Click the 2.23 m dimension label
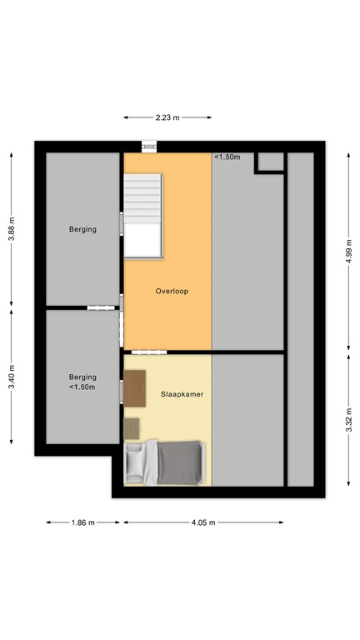[x=167, y=117]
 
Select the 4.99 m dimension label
[x=347, y=247]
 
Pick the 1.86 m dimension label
[x=82, y=522]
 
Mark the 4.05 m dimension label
[x=203, y=522]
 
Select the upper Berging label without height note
[x=82, y=229]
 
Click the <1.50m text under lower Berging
[x=82, y=387]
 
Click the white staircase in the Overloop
[x=142, y=215]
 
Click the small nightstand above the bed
[x=132, y=428]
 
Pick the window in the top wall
[x=149, y=147]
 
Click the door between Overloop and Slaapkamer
[x=143, y=351]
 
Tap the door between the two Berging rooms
[x=99, y=307]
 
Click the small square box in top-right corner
[x=269, y=162]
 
